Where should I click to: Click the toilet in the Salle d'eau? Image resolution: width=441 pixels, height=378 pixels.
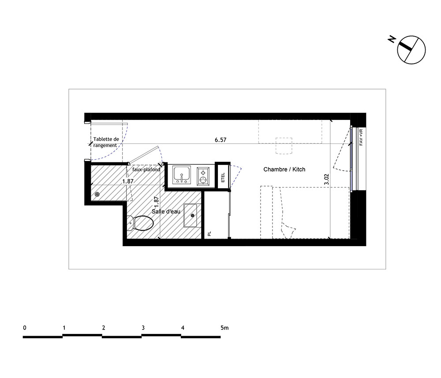point(140,223)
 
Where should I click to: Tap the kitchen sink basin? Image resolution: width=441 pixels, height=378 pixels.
point(181,175)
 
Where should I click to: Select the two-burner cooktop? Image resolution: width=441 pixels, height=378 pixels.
point(203,176)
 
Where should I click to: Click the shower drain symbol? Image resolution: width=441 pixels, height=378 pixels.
point(97,194)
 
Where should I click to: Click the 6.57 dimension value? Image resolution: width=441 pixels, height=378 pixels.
point(220,140)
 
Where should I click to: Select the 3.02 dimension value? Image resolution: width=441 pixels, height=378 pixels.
point(326,179)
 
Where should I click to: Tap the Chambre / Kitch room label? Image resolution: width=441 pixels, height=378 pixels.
point(284,169)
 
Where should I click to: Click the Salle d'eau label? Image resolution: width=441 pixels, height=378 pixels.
point(166,211)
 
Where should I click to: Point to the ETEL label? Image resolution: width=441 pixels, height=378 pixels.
point(223,177)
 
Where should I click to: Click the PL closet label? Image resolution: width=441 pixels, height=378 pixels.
point(209,233)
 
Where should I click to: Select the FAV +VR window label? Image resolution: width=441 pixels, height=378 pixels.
point(361,137)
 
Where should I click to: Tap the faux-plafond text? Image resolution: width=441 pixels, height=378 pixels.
point(146,170)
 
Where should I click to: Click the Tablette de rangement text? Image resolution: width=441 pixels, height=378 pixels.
point(106,142)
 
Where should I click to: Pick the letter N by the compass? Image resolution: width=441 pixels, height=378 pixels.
point(392,39)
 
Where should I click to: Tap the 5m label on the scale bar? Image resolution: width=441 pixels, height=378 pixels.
point(224,328)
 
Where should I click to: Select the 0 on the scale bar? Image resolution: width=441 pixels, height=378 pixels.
point(25,328)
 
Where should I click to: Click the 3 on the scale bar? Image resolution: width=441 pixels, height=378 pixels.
point(143,328)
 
